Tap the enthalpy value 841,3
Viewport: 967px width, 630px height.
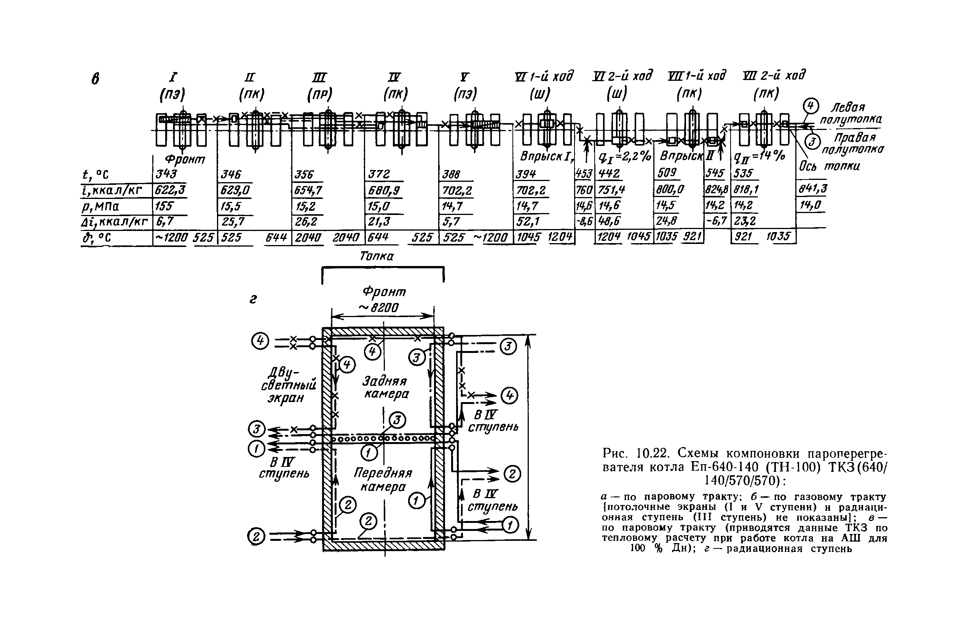812,189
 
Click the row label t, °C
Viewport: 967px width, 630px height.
96,175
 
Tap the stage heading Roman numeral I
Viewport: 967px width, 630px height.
173,77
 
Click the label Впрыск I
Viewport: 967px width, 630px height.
546,156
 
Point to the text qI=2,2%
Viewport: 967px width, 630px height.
625,156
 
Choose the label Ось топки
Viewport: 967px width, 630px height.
829,166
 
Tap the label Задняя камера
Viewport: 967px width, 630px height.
386,387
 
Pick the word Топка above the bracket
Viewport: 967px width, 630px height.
377,256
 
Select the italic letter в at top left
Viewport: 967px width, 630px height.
95,79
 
